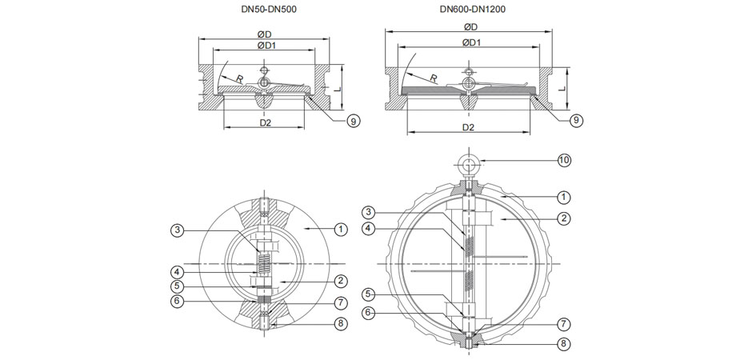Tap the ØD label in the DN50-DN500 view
(264, 34)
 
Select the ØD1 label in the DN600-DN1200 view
(471, 42)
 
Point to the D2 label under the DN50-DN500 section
(266, 123)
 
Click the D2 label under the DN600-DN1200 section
(469, 127)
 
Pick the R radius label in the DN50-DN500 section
(238, 78)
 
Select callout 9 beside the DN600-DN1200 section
(575, 120)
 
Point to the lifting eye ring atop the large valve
(469, 166)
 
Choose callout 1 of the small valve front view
(341, 230)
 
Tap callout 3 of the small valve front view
(177, 230)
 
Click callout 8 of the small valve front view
(340, 323)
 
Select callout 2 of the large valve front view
(563, 218)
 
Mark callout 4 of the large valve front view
(369, 228)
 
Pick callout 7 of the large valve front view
(563, 325)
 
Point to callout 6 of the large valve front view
(369, 312)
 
